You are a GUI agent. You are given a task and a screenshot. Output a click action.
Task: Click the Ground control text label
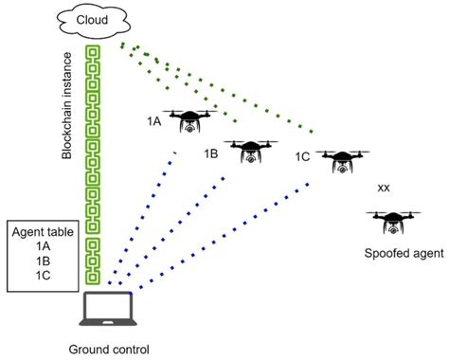point(109,349)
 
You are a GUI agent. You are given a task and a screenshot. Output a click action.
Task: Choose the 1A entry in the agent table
point(43,245)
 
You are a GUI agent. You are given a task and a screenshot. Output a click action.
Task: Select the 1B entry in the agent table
point(43,261)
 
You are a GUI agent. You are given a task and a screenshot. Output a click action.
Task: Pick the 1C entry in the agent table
point(43,276)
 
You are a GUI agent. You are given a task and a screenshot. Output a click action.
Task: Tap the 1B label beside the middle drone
point(212,152)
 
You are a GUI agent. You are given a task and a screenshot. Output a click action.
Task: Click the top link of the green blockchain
point(94,51)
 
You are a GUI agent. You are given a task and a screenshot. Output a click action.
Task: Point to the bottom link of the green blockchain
point(94,276)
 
